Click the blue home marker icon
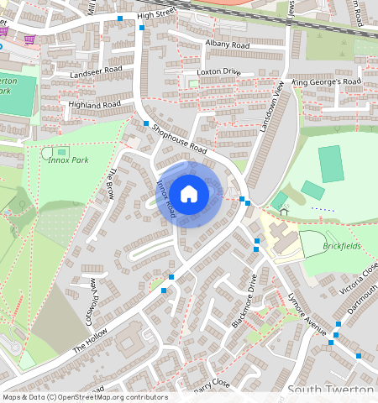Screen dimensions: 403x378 (189, 194)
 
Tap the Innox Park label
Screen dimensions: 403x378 (67, 159)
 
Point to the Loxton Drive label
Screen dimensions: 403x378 (218, 73)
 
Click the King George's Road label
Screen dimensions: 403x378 (326, 82)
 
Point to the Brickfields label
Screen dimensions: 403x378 (340, 247)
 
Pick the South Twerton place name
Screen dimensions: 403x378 (331, 390)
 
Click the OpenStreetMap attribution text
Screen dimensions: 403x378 (84, 397)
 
